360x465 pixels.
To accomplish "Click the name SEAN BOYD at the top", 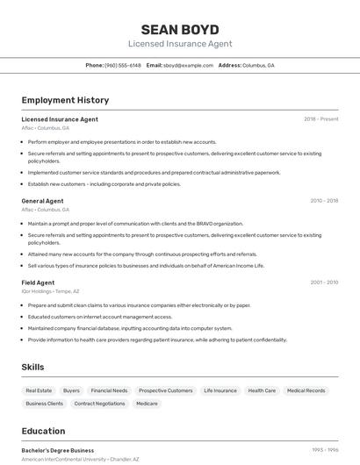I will click(x=180, y=29).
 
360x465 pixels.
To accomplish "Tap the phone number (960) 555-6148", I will click(x=123, y=66).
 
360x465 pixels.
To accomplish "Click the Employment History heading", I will click(x=65, y=100).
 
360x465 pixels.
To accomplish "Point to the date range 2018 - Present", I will click(x=320, y=118).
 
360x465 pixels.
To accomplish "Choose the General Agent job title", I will click(x=42, y=201).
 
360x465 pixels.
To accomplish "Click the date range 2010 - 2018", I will click(x=323, y=201).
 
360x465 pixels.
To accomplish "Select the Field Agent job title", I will click(x=38, y=283).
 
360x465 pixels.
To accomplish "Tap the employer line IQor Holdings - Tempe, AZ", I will click(x=50, y=291).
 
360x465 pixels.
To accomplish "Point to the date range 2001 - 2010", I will click(x=323, y=283).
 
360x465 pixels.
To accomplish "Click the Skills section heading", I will click(x=32, y=367).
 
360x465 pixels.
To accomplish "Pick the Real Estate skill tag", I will click(x=39, y=390).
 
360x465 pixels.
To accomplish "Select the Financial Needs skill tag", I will click(x=109, y=390).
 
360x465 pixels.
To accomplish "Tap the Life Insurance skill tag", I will click(x=220, y=390).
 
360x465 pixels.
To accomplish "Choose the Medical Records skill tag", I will click(x=306, y=390).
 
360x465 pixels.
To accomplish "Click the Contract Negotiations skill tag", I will click(x=99, y=404).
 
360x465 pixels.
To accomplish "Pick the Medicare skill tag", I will click(x=147, y=404).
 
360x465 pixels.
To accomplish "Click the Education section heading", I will click(x=43, y=431).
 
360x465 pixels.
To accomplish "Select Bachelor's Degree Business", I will click(x=57, y=450).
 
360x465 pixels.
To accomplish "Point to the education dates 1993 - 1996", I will click(x=325, y=450).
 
